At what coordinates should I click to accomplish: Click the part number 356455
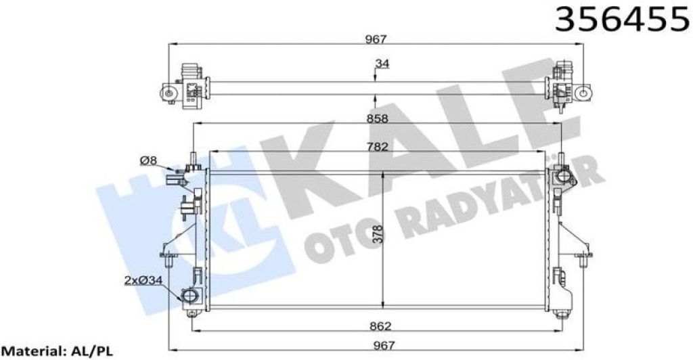(622, 19)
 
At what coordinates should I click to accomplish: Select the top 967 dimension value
(376, 39)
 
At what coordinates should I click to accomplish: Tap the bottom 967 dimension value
(383, 345)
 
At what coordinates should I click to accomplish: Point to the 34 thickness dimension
(382, 64)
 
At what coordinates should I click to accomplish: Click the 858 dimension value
(377, 118)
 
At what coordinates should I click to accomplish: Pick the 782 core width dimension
(377, 146)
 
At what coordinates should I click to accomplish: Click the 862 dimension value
(380, 326)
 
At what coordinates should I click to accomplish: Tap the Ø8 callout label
(148, 161)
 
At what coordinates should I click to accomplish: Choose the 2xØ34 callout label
(143, 279)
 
